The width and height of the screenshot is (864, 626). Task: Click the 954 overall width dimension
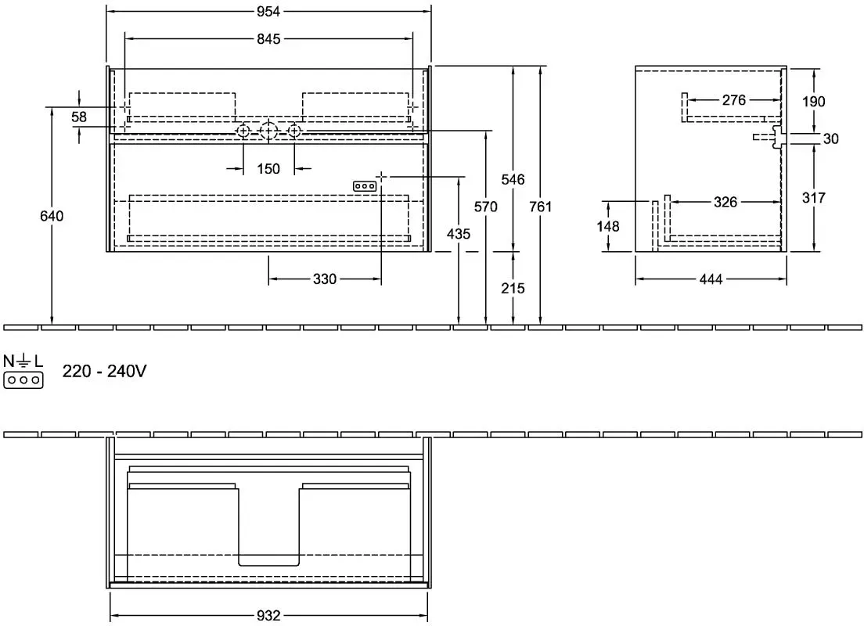(x=268, y=11)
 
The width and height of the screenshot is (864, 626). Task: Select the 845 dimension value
(x=268, y=39)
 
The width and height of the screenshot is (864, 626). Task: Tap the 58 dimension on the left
(x=79, y=117)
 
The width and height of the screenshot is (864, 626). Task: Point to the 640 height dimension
(x=52, y=216)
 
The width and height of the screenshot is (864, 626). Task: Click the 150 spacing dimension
(x=268, y=168)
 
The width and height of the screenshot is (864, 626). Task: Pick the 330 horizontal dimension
(x=325, y=279)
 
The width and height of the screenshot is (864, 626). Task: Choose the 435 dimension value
(x=459, y=234)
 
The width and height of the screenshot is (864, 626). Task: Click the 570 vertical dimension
(x=486, y=207)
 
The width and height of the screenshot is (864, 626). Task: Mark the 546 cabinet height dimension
(x=513, y=180)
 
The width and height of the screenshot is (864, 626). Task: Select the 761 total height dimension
(x=541, y=207)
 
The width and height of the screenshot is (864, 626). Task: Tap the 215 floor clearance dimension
(x=513, y=288)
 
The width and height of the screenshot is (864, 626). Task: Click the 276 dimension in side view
(x=734, y=100)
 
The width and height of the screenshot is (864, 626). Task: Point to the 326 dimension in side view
(x=725, y=202)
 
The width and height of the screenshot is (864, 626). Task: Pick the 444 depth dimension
(x=711, y=279)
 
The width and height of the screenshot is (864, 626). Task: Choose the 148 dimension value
(x=608, y=226)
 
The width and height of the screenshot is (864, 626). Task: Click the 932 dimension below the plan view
(x=268, y=616)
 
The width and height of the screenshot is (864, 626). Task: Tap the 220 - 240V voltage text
(x=105, y=372)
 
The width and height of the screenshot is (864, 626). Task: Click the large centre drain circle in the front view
(x=268, y=131)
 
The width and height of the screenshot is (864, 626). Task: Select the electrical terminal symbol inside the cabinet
(x=365, y=186)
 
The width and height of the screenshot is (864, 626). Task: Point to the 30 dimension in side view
(x=831, y=139)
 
